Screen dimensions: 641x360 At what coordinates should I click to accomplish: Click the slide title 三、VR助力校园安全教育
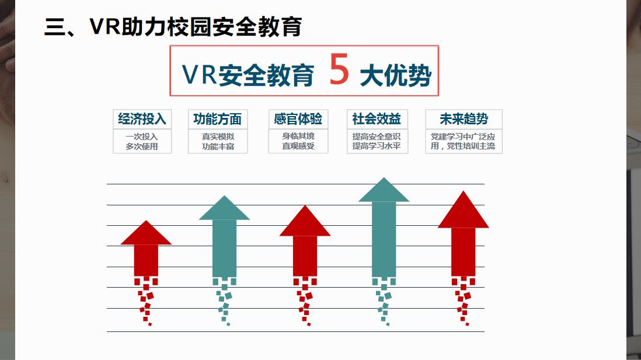click(173, 27)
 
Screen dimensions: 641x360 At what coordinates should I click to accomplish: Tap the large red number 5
click(339, 69)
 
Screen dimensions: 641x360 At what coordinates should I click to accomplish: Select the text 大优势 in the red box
click(395, 76)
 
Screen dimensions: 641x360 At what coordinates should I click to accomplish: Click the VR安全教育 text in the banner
click(248, 75)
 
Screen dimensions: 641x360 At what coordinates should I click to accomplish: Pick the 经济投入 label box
click(142, 119)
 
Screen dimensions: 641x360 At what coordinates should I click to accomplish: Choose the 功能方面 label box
click(218, 119)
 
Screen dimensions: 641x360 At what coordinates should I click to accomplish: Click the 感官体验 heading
click(298, 119)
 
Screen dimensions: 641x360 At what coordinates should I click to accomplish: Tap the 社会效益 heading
click(377, 119)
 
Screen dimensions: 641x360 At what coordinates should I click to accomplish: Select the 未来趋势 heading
click(464, 119)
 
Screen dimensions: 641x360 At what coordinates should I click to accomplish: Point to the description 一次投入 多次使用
click(142, 141)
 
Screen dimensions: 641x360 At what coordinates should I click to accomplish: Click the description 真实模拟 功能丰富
click(218, 141)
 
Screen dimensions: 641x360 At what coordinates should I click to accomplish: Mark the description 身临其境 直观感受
click(298, 141)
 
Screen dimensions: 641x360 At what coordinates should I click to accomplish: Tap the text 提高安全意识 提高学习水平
click(377, 141)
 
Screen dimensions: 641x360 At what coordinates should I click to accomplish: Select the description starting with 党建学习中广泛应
click(463, 141)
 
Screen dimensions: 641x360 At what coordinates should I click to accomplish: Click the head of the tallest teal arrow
click(384, 190)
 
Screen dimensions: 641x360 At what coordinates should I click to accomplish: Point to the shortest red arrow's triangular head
click(146, 232)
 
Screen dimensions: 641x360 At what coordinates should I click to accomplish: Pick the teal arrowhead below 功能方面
click(224, 208)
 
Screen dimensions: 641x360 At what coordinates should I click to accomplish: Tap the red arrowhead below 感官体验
click(305, 221)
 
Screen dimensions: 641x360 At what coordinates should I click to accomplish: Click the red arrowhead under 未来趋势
click(463, 209)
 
